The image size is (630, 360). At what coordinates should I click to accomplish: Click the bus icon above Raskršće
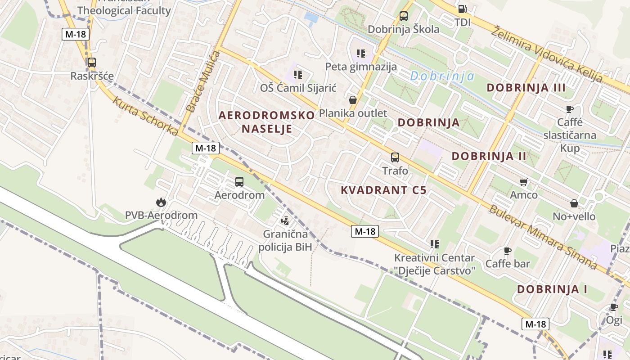click(91, 63)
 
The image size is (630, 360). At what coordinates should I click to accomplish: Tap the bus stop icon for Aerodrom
click(239, 182)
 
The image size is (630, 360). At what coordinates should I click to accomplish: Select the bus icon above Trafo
click(395, 157)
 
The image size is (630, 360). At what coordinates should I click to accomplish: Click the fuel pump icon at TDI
click(462, 9)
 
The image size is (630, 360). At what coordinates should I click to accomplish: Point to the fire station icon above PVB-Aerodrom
click(161, 202)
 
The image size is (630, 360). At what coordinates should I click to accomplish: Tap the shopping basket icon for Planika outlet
click(353, 99)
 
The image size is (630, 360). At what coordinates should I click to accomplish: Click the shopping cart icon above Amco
click(523, 182)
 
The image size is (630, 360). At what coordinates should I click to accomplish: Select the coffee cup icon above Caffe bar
click(508, 251)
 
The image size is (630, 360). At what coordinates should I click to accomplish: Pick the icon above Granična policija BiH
click(284, 221)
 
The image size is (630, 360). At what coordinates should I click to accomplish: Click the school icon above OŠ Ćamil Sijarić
click(297, 74)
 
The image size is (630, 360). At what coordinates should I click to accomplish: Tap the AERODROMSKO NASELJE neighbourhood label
click(267, 122)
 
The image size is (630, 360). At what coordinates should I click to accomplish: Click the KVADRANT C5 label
click(383, 190)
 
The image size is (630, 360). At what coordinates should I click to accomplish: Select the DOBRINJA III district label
click(526, 87)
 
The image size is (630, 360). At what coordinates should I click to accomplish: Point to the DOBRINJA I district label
click(552, 289)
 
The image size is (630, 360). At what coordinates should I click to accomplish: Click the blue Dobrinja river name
click(442, 76)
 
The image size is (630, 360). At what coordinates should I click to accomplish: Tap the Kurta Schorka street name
click(145, 116)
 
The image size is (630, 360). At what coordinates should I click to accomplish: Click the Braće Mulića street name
click(203, 82)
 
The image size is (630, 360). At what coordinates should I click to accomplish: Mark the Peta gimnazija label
click(361, 67)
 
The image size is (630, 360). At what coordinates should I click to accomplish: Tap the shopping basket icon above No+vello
click(574, 203)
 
